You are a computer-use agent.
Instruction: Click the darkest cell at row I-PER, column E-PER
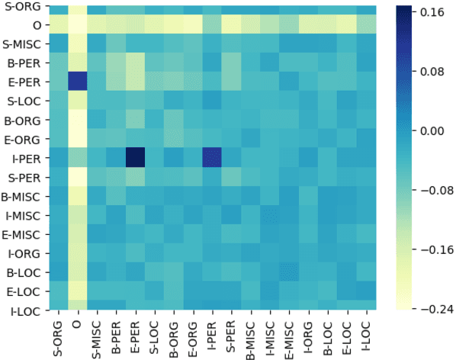(134, 158)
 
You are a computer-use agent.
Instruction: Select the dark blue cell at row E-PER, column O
(77, 82)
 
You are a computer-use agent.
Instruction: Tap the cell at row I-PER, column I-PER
(212, 158)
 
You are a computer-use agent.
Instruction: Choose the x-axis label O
(77, 322)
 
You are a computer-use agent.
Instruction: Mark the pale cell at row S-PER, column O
(77, 177)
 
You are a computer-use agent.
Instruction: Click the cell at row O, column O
(77, 26)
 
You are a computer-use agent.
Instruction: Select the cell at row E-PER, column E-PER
(134, 82)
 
